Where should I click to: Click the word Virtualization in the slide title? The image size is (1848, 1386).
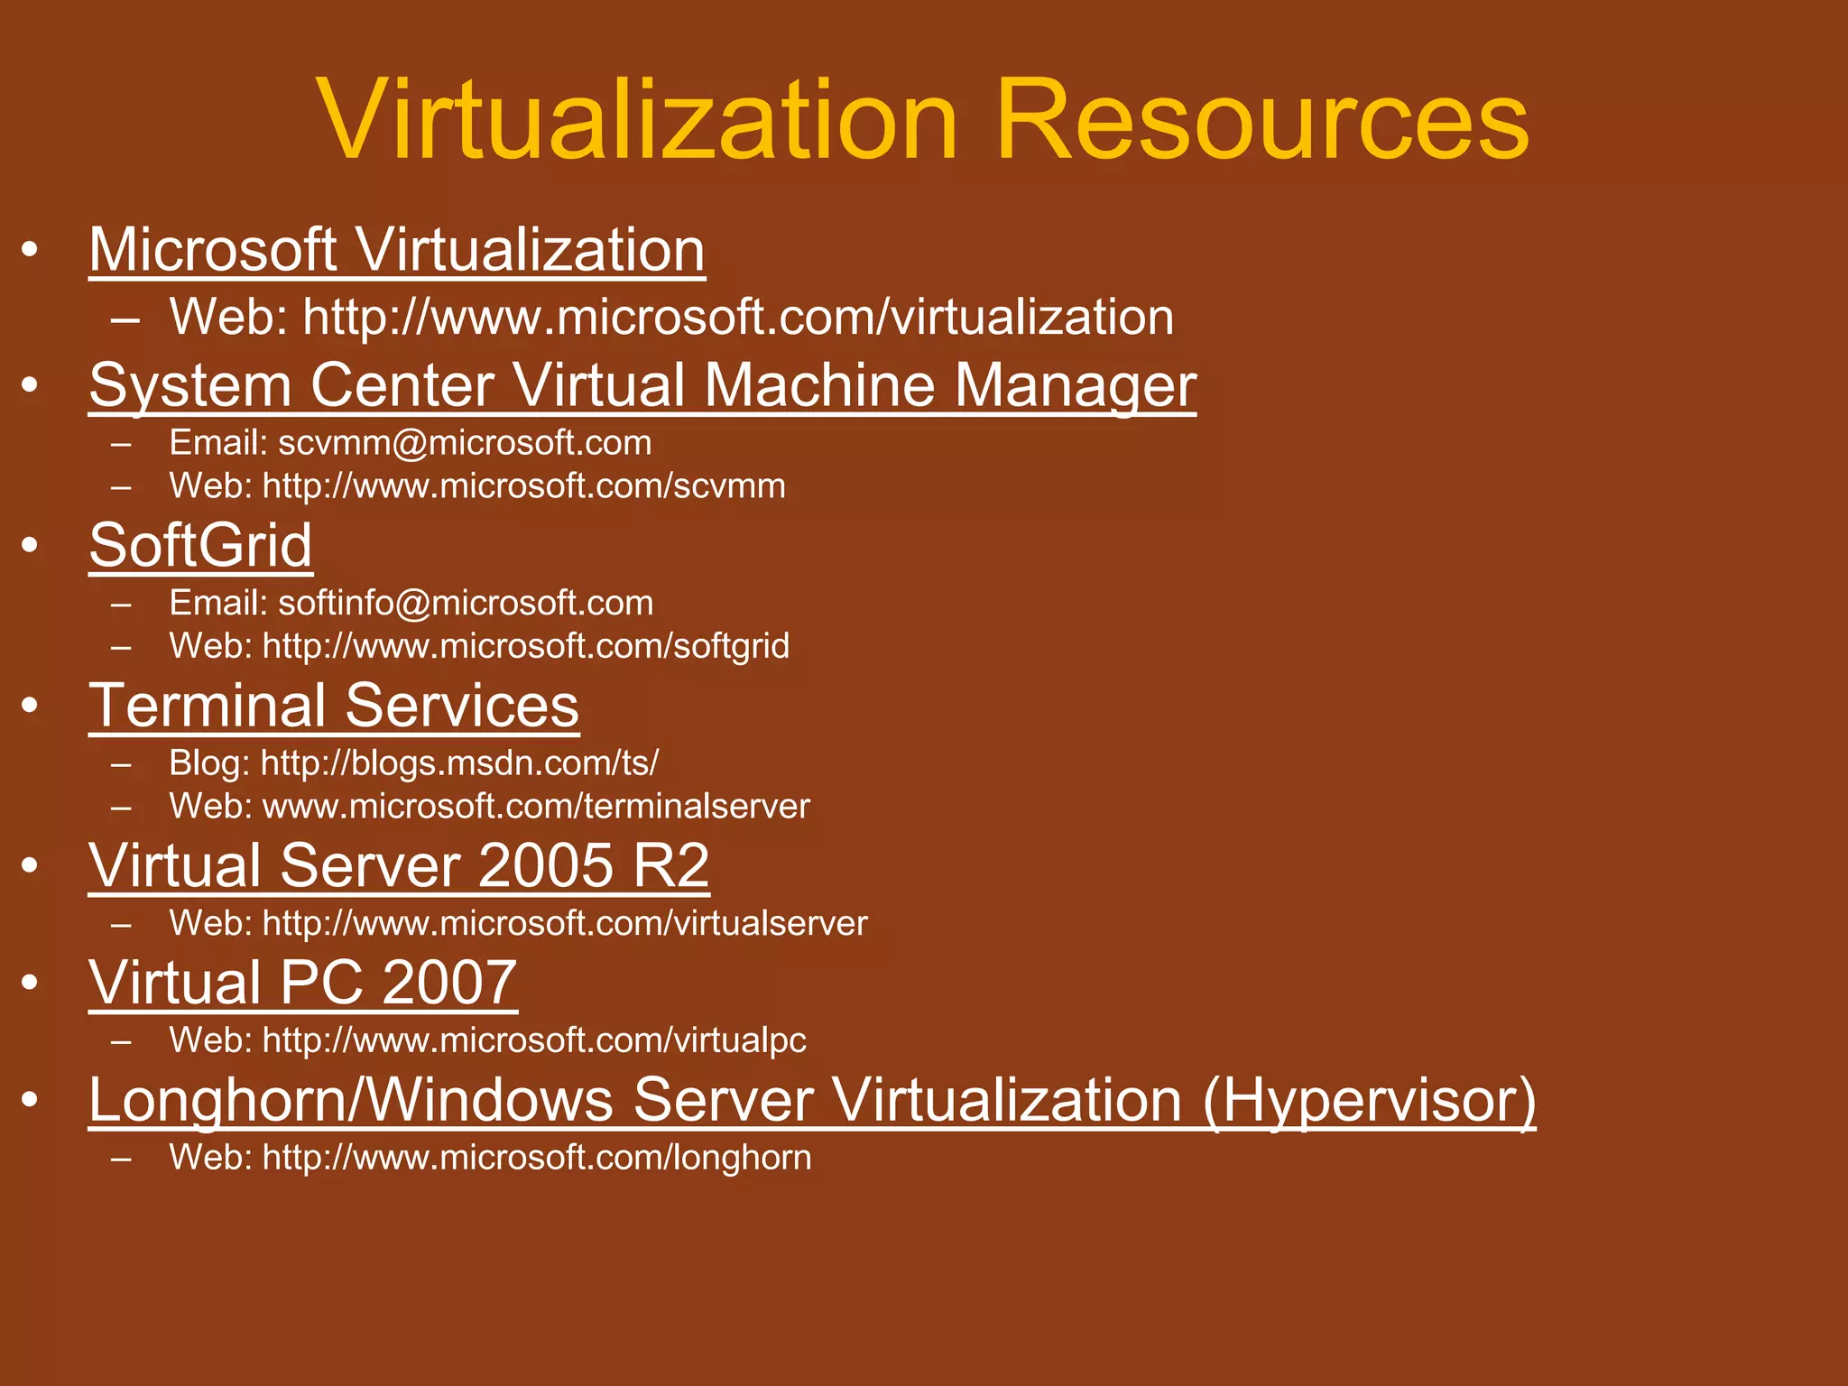(x=637, y=120)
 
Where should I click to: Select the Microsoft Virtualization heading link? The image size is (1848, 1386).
(x=397, y=250)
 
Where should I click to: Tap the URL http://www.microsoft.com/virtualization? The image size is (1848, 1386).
(x=738, y=318)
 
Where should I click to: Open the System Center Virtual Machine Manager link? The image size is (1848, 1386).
(x=642, y=386)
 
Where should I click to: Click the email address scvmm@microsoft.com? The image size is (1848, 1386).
(x=465, y=443)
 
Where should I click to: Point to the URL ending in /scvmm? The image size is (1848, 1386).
(x=523, y=486)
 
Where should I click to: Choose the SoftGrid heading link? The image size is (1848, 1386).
(x=200, y=546)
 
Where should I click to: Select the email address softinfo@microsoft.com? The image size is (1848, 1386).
(x=466, y=603)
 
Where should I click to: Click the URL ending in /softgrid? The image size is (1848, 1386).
(x=525, y=646)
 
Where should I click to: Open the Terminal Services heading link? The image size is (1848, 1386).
(x=334, y=706)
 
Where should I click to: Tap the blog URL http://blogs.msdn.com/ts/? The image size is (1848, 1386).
(x=459, y=763)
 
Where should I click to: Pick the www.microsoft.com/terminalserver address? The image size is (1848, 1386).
(x=536, y=806)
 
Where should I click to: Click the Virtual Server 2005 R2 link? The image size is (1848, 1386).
(x=399, y=866)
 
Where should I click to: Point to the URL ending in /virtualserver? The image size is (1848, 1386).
(x=564, y=923)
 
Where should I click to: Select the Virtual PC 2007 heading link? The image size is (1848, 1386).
(x=303, y=983)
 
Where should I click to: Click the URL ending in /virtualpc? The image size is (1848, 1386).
(x=534, y=1040)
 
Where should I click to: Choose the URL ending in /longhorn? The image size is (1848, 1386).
(x=536, y=1158)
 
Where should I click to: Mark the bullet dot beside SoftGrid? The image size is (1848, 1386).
(x=31, y=545)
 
